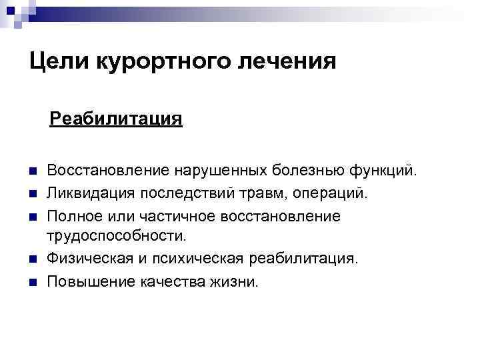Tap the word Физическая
click(87, 258)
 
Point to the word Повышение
click(91, 281)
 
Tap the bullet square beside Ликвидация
click(33, 193)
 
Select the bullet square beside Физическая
click(33, 259)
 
